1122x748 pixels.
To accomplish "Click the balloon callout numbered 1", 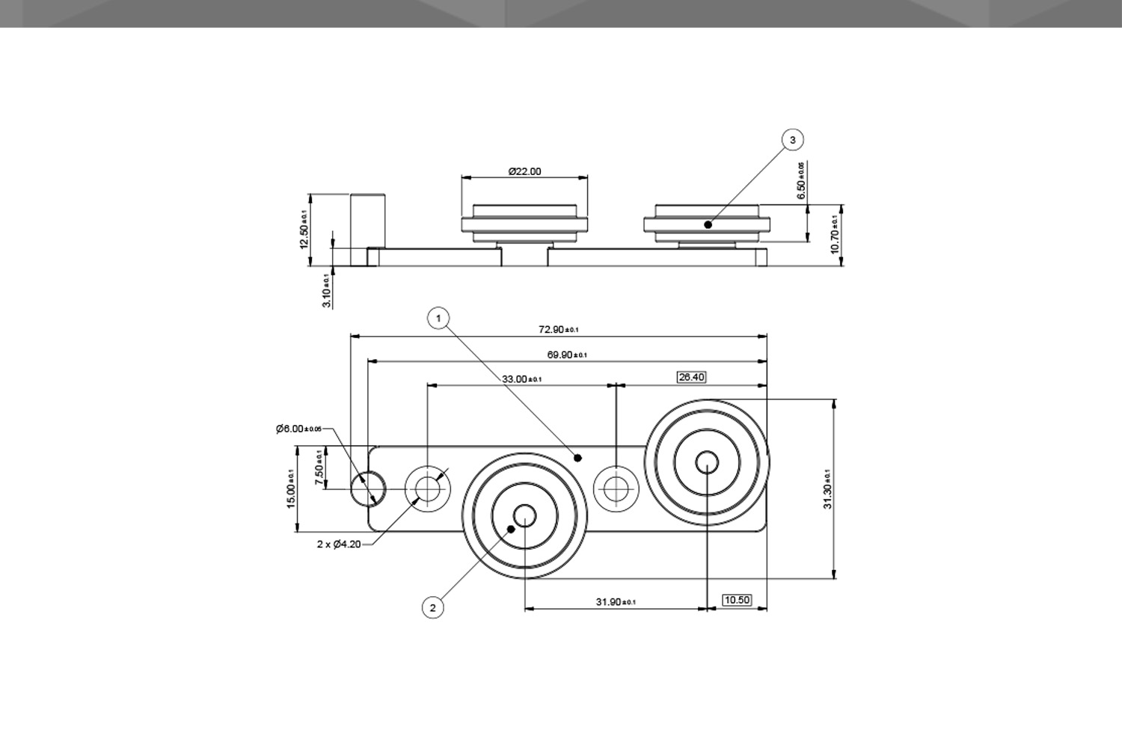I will tap(438, 318).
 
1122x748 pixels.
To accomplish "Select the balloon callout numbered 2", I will tap(432, 607).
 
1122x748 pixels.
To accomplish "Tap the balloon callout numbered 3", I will tap(793, 139).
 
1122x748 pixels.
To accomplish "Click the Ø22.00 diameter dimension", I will tap(524, 171).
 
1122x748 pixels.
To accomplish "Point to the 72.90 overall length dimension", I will tap(558, 329).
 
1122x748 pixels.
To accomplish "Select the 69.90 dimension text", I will tap(566, 355).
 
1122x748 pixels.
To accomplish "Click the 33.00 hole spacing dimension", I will tap(521, 379).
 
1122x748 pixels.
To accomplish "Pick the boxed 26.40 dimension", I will tap(691, 377).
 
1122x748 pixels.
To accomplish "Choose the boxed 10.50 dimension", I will tap(737, 600).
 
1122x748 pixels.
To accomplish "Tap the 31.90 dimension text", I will tap(615, 602).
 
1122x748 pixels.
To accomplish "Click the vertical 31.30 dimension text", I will tap(827, 489).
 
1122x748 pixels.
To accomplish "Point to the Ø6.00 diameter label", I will tap(298, 429).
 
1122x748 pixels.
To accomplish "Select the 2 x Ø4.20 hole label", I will tap(339, 544).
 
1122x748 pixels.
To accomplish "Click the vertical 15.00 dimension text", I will tap(291, 489).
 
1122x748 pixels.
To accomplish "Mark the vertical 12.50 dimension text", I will tap(304, 229).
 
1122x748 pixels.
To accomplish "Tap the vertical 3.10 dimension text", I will tap(326, 291).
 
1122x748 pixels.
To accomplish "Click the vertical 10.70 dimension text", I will tap(836, 234).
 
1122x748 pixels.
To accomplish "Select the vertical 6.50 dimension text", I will tap(801, 181).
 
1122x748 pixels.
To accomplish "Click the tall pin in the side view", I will tap(367, 221).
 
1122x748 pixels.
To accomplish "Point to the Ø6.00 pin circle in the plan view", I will tap(368, 488).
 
